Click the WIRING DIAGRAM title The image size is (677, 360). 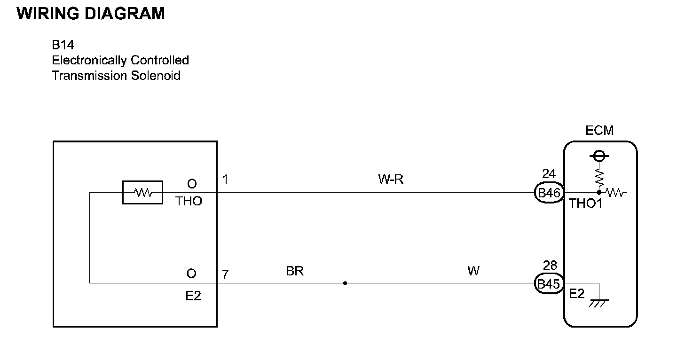[x=91, y=14]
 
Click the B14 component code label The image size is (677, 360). [x=63, y=45]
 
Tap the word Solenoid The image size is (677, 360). [x=157, y=76]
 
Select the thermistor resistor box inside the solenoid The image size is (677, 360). [x=142, y=192]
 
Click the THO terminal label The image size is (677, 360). [x=189, y=202]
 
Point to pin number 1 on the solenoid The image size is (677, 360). [x=225, y=180]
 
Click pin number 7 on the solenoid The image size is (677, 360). [x=225, y=274]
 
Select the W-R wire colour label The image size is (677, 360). [x=391, y=180]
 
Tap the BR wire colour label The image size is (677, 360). [x=295, y=272]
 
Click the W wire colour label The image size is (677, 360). [x=473, y=272]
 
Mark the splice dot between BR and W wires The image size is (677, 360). [x=345, y=283]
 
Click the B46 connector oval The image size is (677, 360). [x=549, y=193]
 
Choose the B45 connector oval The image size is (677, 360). [x=549, y=284]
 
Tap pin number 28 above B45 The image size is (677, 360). [x=550, y=266]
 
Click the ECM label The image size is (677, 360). [x=599, y=130]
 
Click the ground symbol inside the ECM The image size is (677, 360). [x=598, y=302]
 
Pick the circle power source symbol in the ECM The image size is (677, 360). [x=599, y=155]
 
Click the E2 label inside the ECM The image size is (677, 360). [x=577, y=294]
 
